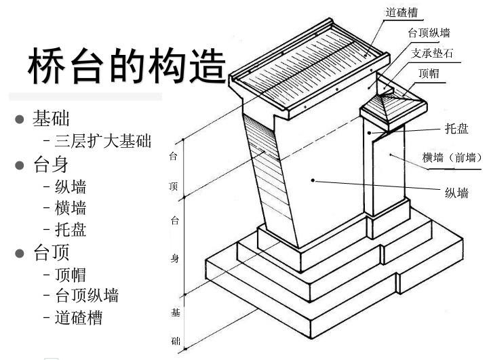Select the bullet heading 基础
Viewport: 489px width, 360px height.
[51, 119]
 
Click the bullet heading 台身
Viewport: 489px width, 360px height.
[51, 164]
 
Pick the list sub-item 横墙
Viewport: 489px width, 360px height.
[70, 208]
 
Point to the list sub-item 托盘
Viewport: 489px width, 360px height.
[70, 230]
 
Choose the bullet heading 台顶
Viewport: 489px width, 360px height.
[51, 253]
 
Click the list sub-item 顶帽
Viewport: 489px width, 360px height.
[70, 275]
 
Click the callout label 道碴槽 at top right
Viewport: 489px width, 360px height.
[402, 12]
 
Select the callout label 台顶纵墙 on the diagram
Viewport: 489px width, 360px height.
[429, 33]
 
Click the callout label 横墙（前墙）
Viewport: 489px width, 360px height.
[452, 158]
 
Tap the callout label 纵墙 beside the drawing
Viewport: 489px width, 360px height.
[456, 193]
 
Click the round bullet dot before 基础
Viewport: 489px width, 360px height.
[20, 120]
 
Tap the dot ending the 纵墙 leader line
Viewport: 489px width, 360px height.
[313, 179]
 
